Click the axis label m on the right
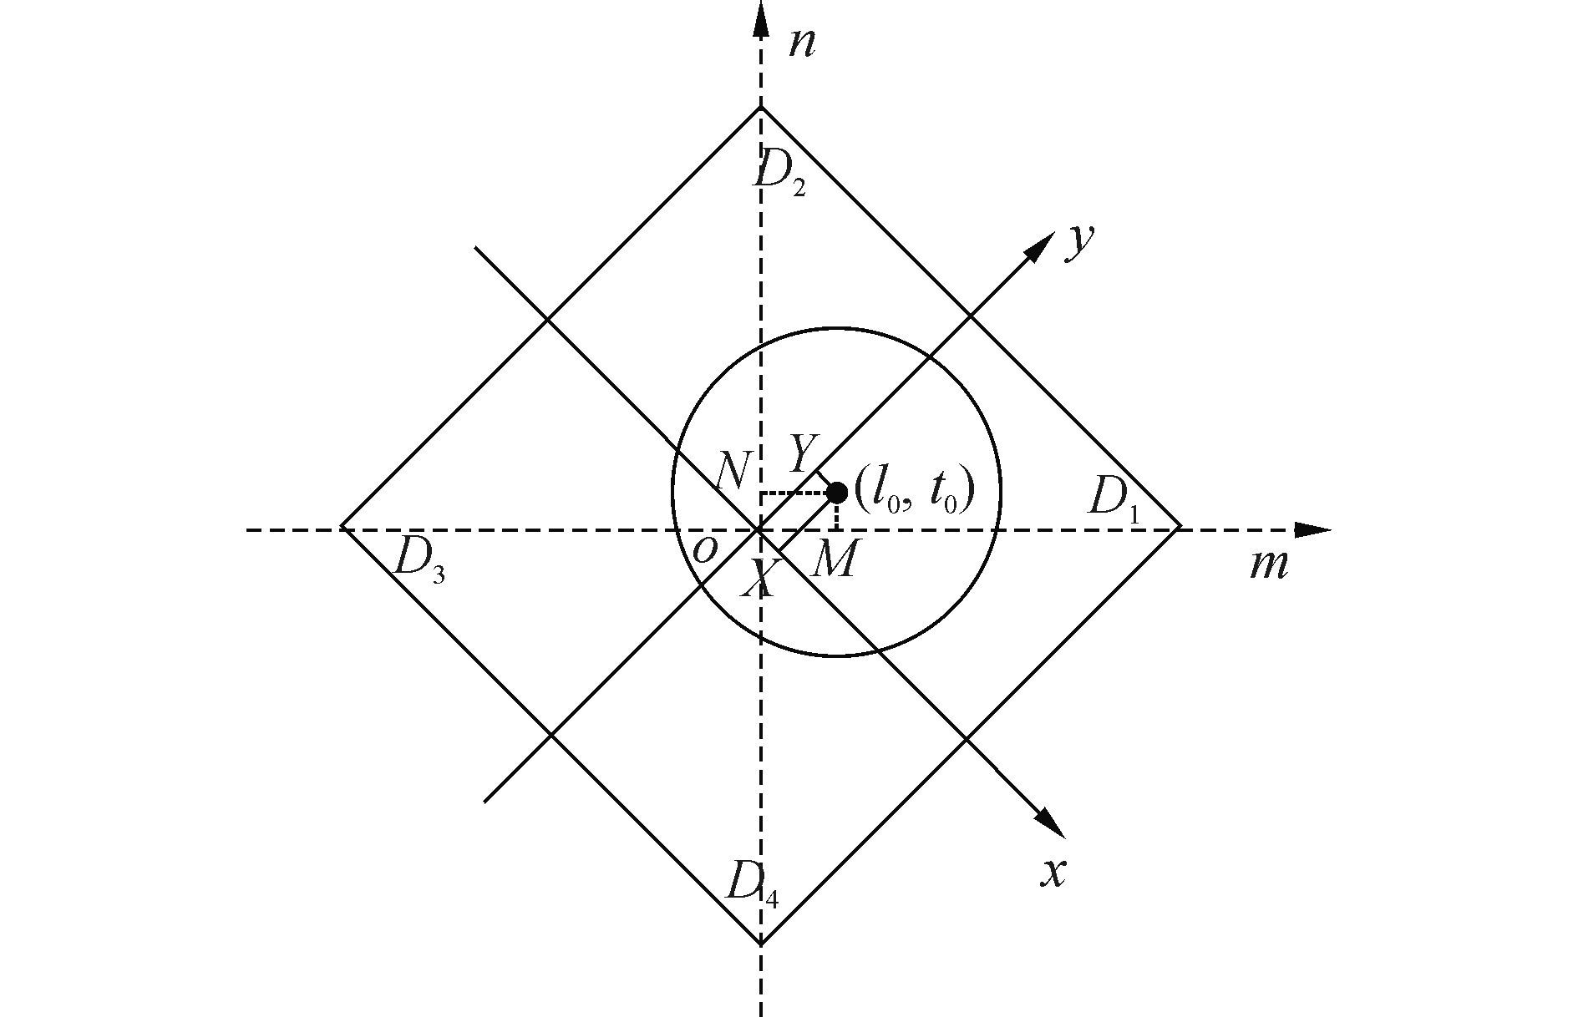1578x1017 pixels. pos(1268,565)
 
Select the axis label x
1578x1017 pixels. pos(1054,873)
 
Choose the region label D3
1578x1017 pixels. pos(418,558)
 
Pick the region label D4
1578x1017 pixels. pos(753,883)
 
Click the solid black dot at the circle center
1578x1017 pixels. pos(836,493)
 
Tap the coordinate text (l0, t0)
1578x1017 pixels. pos(915,493)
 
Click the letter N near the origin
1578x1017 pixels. pos(733,473)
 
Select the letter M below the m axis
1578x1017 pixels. pos(834,561)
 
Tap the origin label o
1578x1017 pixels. pos(705,551)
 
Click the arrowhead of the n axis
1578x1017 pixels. pos(760,18)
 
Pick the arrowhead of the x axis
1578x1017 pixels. pos(1051,822)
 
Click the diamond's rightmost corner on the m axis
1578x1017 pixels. pos(1180,528)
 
